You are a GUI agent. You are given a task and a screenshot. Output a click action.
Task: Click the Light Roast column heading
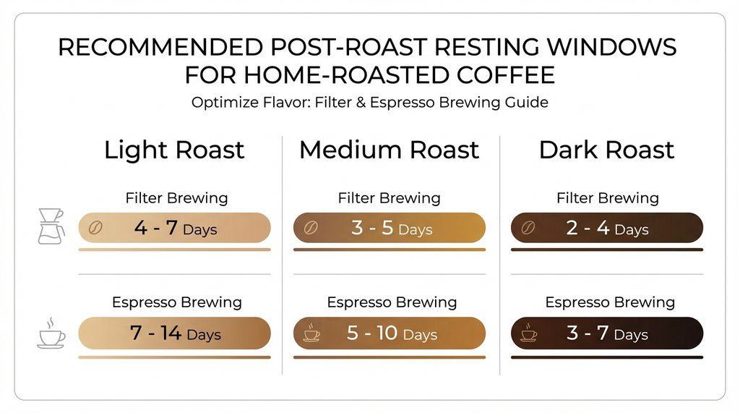[x=174, y=150]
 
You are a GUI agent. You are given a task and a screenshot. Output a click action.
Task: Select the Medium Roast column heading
[x=389, y=150]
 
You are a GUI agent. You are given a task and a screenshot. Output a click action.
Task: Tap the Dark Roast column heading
[x=606, y=150]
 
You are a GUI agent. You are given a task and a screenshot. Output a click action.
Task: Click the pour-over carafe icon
[x=50, y=226]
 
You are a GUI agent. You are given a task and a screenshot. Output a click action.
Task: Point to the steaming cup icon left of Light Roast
[x=51, y=332]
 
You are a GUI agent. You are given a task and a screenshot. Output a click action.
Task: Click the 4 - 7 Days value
[x=175, y=229]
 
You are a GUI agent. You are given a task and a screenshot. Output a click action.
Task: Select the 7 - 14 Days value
[x=175, y=333]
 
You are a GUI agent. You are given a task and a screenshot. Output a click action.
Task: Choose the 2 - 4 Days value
[x=607, y=229]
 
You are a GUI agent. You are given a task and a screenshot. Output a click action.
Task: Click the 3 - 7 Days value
[x=607, y=333]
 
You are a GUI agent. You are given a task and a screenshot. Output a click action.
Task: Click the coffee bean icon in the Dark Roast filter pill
[x=528, y=228]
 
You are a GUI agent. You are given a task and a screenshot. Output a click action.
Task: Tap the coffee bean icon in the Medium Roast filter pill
[x=310, y=228]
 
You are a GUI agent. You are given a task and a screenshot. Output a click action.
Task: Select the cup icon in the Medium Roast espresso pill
[x=311, y=333]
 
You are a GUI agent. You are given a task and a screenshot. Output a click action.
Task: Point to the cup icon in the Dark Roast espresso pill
[x=529, y=333]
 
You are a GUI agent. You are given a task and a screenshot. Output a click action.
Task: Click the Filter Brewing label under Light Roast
[x=176, y=197]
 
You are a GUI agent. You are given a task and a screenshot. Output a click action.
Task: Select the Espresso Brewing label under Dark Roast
[x=610, y=302]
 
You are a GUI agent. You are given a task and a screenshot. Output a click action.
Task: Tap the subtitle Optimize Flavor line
[x=369, y=102]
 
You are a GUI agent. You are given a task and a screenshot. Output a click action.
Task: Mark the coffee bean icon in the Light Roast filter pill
[x=95, y=228]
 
